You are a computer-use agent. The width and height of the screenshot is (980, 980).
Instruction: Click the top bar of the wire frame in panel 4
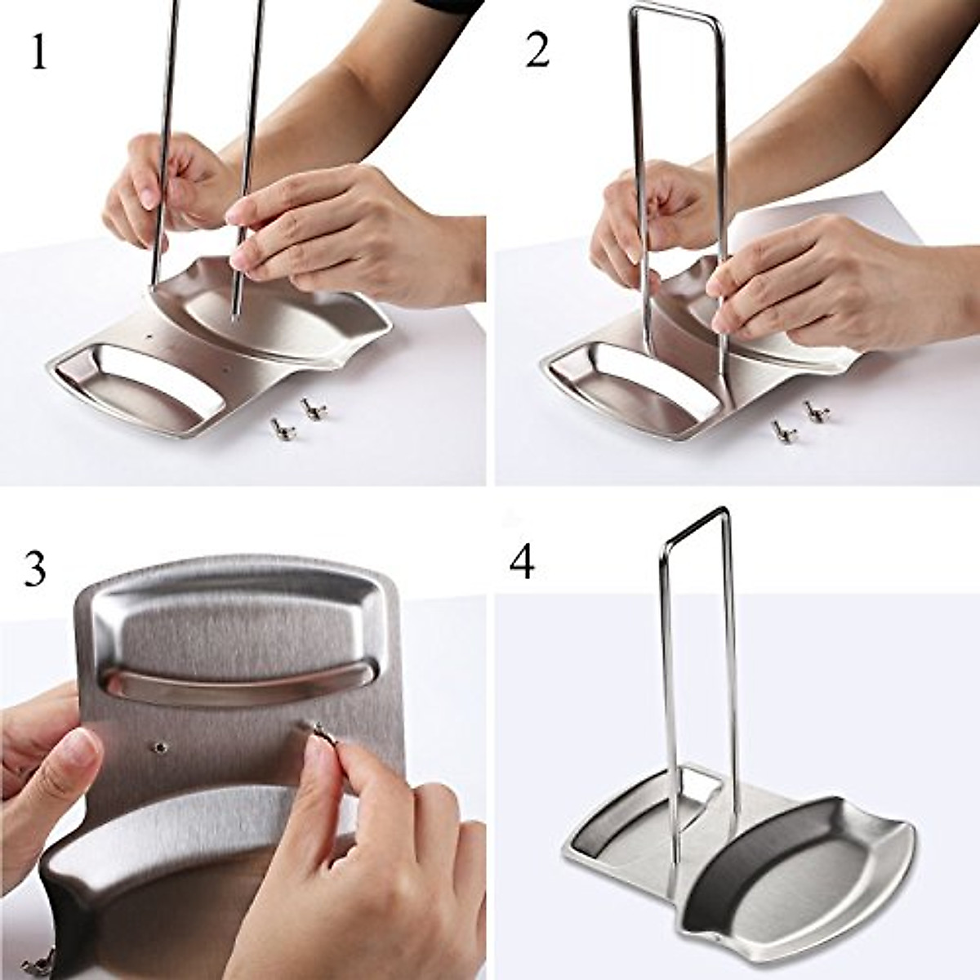click(694, 526)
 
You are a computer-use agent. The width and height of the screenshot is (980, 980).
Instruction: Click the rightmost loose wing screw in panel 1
click(310, 408)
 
